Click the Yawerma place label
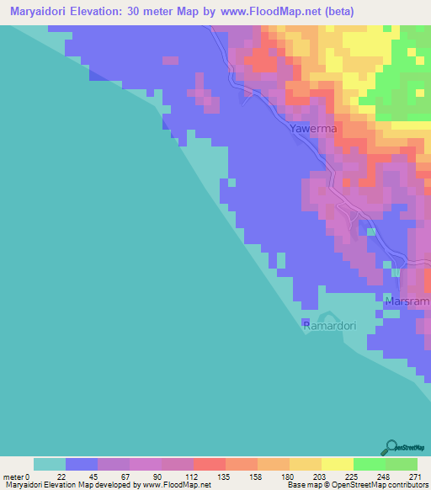[313, 130]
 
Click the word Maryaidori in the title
[39, 12]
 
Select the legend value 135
[225, 476]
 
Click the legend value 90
[161, 476]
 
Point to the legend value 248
[385, 476]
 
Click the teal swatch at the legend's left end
[50, 464]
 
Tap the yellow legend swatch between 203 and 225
[337, 464]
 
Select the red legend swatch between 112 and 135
[209, 464]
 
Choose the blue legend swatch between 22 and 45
[82, 464]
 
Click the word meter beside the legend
[13, 476]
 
